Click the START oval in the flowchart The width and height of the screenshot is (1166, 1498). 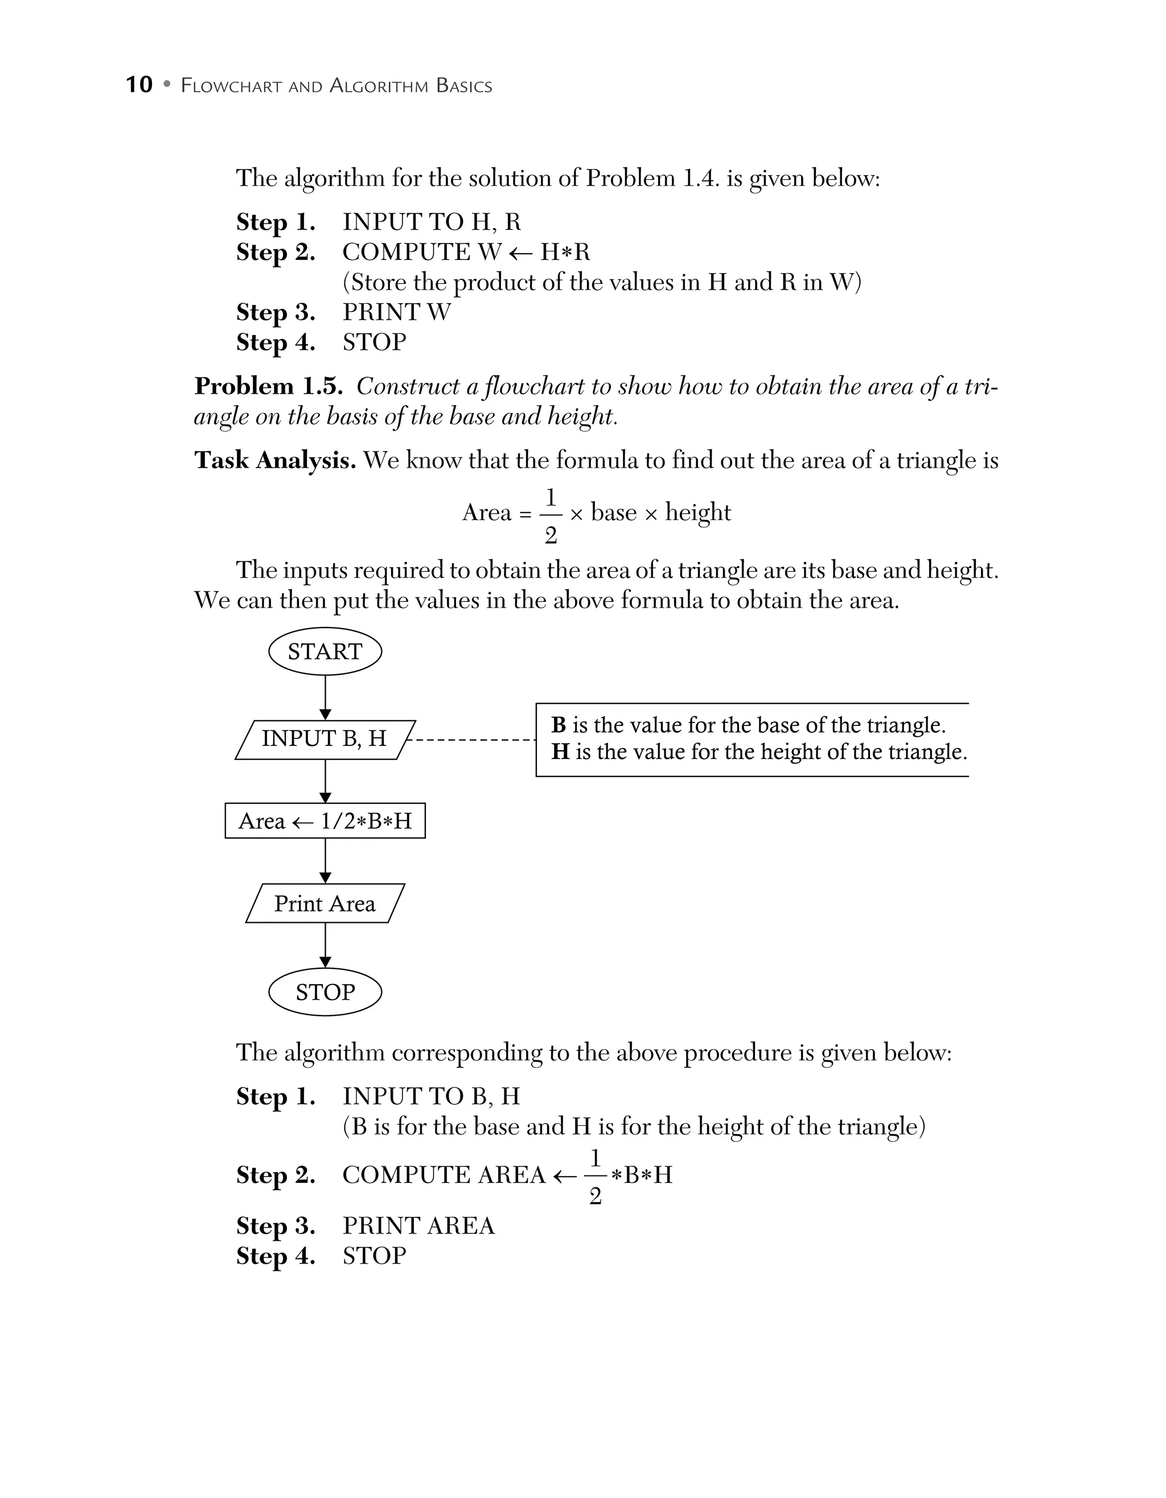325,651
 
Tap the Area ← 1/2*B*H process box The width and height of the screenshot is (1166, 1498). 325,821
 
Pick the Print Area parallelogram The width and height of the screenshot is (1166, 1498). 325,903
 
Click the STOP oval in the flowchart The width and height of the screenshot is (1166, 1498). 325,992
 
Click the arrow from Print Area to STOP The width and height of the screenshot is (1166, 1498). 325,945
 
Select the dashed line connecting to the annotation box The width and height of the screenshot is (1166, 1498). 472,740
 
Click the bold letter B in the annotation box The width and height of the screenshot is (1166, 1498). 559,725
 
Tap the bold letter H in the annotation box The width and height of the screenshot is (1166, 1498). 560,752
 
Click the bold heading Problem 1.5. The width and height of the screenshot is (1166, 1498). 268,386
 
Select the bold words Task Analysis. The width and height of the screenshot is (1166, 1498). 274,460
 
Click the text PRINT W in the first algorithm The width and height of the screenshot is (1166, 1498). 397,312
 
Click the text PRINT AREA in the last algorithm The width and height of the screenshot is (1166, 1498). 418,1225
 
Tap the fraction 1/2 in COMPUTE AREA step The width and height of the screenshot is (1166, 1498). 595,1177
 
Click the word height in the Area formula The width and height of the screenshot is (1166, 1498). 698,513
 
